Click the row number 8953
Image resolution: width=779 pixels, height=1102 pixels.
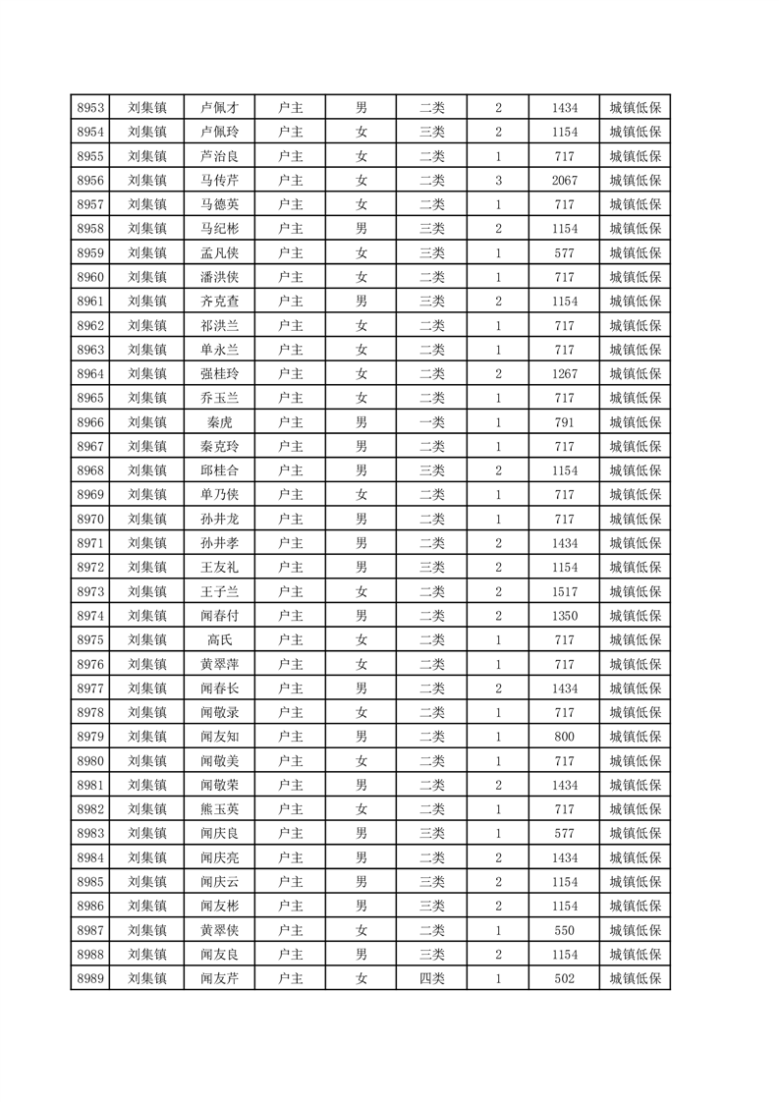coord(90,108)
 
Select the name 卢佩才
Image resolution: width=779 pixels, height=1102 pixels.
coord(219,108)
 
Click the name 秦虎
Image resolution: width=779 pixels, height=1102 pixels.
coord(219,422)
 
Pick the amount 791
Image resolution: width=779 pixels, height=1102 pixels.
coord(565,422)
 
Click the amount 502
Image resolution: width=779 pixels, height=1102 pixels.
coord(565,978)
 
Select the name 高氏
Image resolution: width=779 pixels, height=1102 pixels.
coord(219,639)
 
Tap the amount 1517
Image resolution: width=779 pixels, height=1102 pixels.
coord(565,591)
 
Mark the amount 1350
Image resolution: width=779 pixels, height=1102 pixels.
coord(565,616)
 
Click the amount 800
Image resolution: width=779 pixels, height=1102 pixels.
coord(565,737)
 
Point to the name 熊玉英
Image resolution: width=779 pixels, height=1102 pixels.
coord(219,809)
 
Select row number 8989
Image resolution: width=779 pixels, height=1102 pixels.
coord(90,978)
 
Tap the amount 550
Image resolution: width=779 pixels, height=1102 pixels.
coord(565,930)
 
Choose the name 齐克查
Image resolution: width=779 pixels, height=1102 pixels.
coord(219,302)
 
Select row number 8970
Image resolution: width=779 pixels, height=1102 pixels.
coord(90,519)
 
